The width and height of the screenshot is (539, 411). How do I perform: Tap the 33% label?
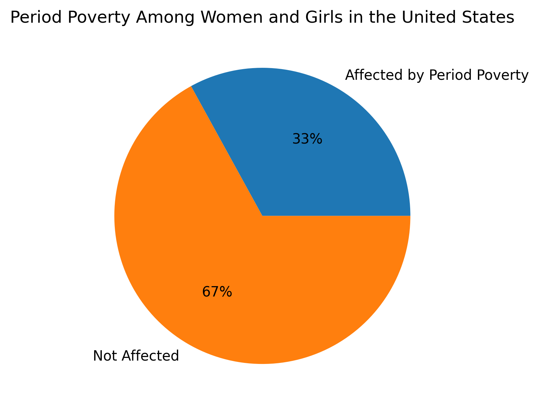(307, 139)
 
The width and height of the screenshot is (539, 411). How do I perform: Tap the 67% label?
(217, 292)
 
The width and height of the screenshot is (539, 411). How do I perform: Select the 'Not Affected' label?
(136, 356)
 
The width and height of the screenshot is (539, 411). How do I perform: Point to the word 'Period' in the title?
(30, 18)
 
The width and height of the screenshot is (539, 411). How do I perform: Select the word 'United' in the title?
(436, 18)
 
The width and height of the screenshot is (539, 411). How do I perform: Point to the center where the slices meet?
(262, 216)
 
